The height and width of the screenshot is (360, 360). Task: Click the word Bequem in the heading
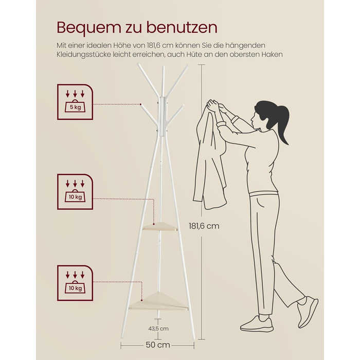tap(88, 28)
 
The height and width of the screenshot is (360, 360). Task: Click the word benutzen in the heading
tap(182, 28)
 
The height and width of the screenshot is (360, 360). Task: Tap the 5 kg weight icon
tap(75, 102)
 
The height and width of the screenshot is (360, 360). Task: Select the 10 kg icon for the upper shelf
tap(75, 192)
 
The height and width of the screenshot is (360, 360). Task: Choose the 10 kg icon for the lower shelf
tap(75, 283)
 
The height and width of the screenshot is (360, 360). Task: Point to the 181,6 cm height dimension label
tap(204, 226)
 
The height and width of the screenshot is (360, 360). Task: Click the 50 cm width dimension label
tap(158, 345)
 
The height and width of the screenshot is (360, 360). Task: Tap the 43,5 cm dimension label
tap(158, 329)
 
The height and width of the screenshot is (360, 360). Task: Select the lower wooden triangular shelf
tap(158, 302)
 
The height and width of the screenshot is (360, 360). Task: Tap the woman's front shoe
tap(257, 323)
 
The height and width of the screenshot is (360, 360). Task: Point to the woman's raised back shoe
tap(308, 311)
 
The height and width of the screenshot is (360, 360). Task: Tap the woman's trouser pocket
tap(260, 203)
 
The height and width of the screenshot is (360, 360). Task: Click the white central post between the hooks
tap(163, 116)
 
